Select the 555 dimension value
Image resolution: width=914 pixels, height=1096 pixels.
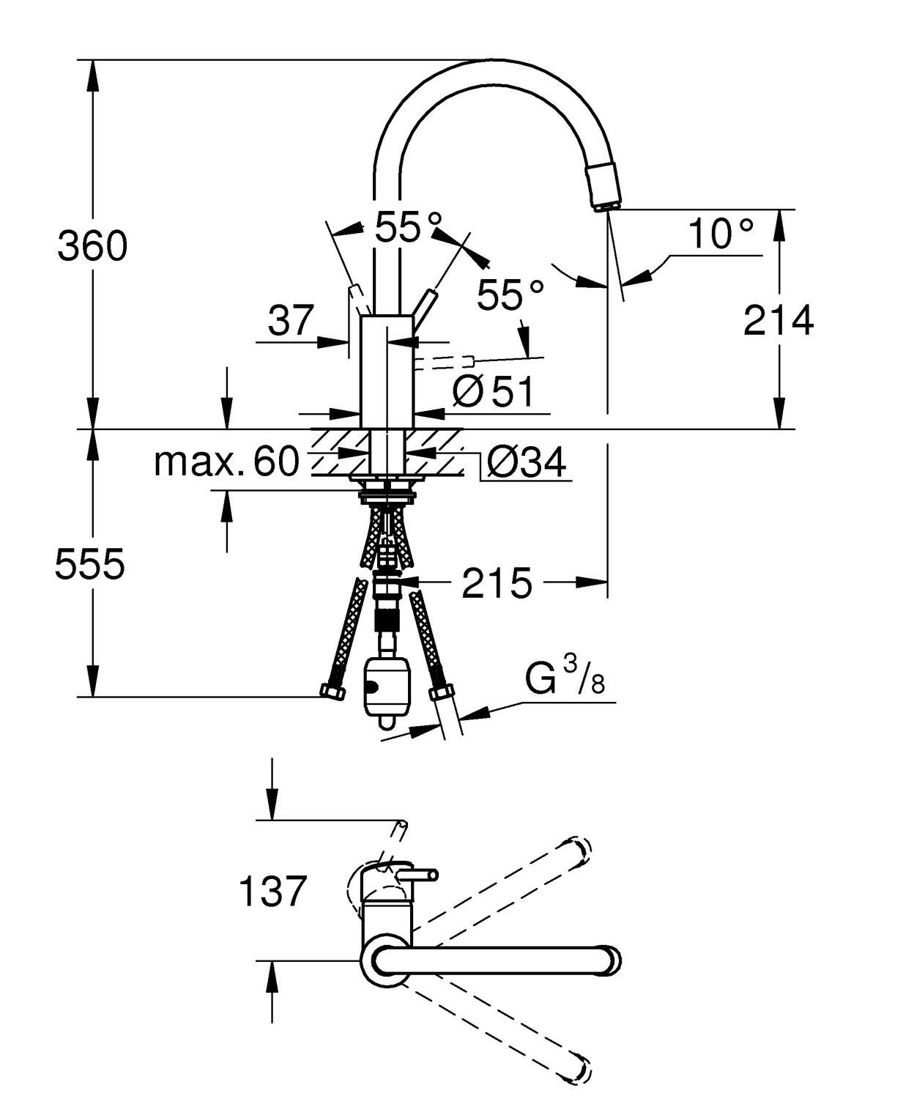point(90,564)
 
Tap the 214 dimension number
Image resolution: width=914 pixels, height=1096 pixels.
point(779,321)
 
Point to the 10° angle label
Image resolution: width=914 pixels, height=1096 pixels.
point(721,234)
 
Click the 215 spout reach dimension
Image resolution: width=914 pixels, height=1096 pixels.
point(497,584)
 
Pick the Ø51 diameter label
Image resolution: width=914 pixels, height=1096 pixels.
point(494,393)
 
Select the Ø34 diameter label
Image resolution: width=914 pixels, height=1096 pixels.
point(527,462)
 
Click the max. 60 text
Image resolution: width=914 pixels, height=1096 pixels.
point(227,462)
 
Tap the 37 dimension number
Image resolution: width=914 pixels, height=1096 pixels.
point(290,320)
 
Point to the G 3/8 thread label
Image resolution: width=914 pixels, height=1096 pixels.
point(565,678)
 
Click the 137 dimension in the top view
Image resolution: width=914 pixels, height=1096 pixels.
point(272,892)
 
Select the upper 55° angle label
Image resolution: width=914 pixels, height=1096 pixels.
point(409,227)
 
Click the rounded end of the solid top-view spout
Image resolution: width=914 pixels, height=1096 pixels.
point(609,960)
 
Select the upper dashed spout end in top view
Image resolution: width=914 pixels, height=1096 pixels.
point(579,852)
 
